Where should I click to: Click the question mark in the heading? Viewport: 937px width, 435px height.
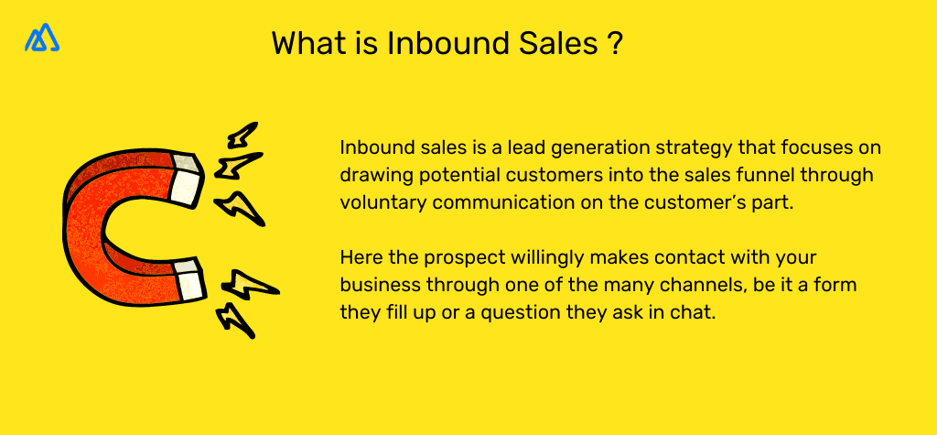tap(615, 44)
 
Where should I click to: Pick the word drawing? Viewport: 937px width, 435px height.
tap(372, 175)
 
